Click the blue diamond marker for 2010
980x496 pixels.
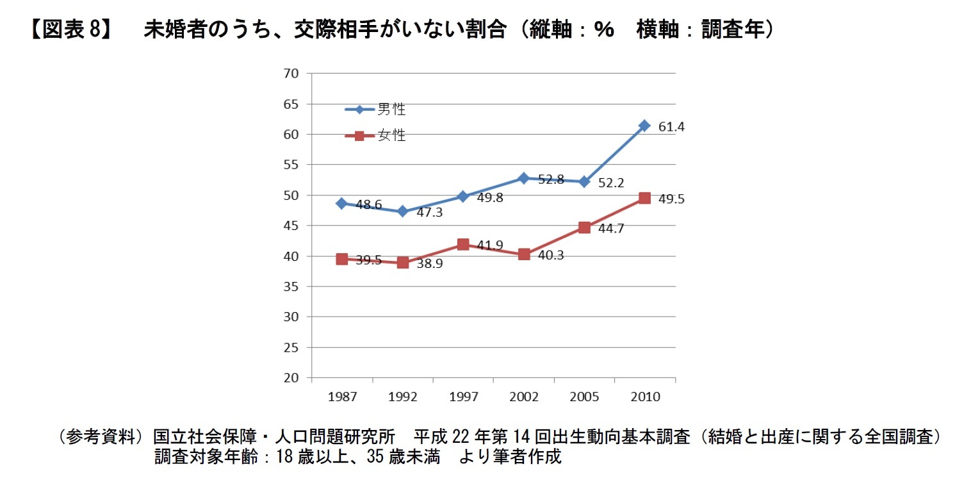(x=644, y=126)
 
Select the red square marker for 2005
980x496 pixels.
(x=584, y=227)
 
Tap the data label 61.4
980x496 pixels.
(x=671, y=127)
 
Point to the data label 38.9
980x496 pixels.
(x=429, y=263)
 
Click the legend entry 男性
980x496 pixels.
(x=391, y=110)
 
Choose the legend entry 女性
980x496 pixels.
(x=391, y=136)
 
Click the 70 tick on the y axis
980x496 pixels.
(x=291, y=74)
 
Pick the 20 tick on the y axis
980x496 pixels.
(x=291, y=378)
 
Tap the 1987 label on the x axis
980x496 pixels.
(x=342, y=397)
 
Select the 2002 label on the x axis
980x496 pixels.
(x=524, y=397)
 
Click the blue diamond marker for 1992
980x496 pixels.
(x=402, y=211)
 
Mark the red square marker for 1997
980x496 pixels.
(x=463, y=244)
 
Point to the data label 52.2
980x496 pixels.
(x=611, y=183)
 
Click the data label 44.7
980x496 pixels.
(x=611, y=228)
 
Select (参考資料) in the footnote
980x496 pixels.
(x=99, y=437)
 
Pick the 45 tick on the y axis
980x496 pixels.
(x=291, y=226)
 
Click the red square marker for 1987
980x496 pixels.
(x=342, y=259)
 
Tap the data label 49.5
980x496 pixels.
(x=671, y=199)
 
